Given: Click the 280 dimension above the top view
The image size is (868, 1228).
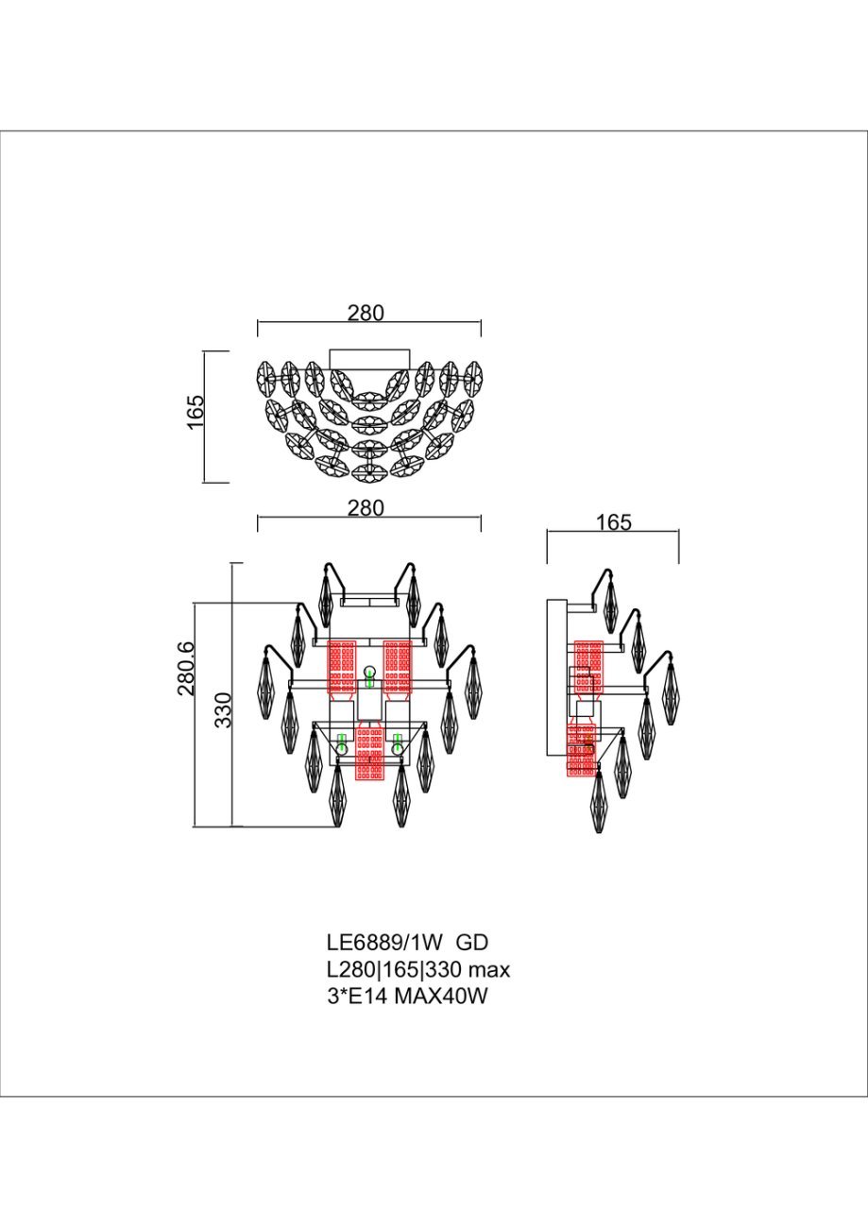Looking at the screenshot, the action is pyautogui.click(x=366, y=313).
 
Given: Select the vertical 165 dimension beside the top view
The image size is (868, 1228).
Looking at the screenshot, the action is pyautogui.click(x=196, y=412).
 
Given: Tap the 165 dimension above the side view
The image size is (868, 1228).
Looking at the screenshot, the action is pyautogui.click(x=614, y=521).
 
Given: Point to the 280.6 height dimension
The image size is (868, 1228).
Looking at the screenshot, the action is pyautogui.click(x=186, y=668).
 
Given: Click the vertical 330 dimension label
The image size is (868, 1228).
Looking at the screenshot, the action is pyautogui.click(x=224, y=710).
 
